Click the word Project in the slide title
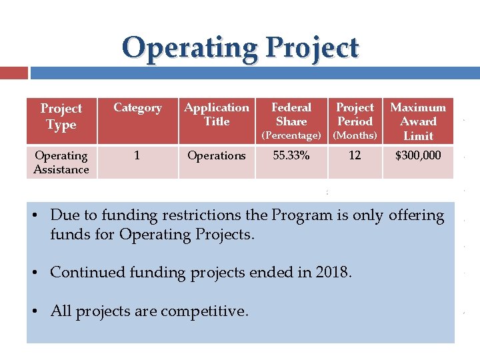[312, 48]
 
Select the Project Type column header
[61, 117]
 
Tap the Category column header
[137, 108]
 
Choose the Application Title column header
[217, 115]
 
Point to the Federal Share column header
[291, 115]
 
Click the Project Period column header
[355, 115]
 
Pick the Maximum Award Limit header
[418, 121]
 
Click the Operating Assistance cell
[61, 163]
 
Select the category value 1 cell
[137, 156]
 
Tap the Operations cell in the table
[217, 156]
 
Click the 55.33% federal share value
[291, 156]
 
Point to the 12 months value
[355, 156]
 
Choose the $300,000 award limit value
[418, 156]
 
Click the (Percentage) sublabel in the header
[291, 135]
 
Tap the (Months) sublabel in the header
[355, 135]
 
